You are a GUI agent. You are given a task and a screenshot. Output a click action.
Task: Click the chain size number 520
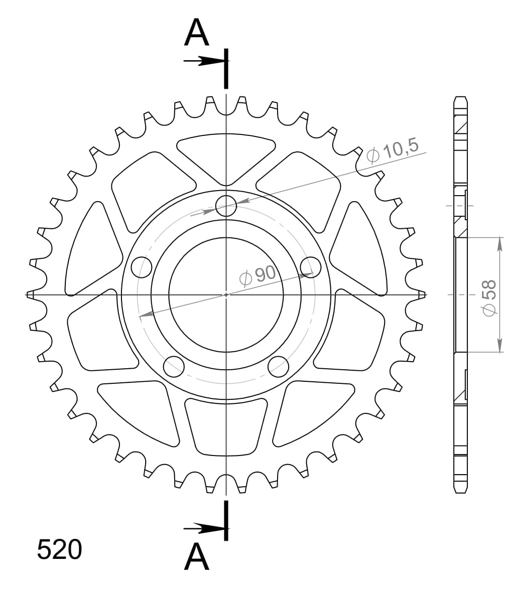59,549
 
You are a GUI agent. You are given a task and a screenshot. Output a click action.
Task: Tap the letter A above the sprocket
196,33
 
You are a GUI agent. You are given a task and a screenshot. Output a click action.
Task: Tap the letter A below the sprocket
196,557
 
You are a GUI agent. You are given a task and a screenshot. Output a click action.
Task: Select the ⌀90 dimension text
258,275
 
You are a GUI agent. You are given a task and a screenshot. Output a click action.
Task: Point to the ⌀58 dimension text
488,298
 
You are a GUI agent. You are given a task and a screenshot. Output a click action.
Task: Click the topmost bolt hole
226,206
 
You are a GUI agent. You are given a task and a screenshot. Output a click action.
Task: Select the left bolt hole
142,267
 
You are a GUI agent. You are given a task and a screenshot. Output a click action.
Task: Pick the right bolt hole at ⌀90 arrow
310,267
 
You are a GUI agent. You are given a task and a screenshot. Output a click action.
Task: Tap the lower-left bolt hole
174,366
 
